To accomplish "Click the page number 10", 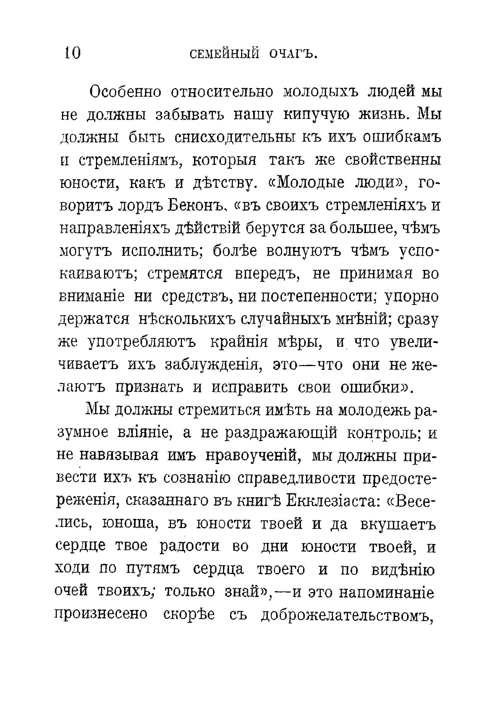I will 73,53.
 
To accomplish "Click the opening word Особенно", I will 125,92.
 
